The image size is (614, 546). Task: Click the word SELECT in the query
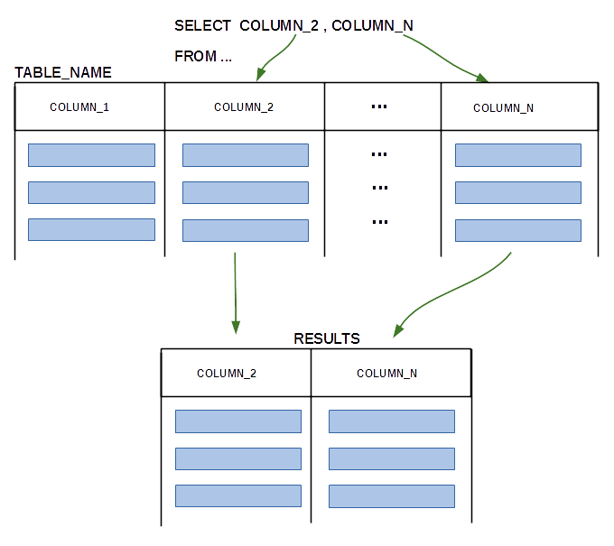pyautogui.click(x=202, y=26)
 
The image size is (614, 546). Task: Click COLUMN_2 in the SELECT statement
pyautogui.click(x=279, y=26)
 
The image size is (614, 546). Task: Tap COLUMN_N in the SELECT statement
pyautogui.click(x=372, y=26)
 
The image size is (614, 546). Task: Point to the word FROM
pyautogui.click(x=195, y=56)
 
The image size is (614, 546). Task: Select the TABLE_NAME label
pyautogui.click(x=63, y=73)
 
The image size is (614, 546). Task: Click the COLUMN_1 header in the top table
pyautogui.click(x=79, y=107)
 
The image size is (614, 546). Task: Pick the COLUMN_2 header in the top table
pyautogui.click(x=244, y=107)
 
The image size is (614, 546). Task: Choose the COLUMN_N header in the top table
pyautogui.click(x=503, y=108)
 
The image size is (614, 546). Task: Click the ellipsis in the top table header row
pyautogui.click(x=379, y=106)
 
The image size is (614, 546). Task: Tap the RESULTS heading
pyautogui.click(x=327, y=338)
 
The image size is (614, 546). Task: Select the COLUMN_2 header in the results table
pyautogui.click(x=227, y=374)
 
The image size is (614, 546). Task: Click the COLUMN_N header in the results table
pyautogui.click(x=386, y=374)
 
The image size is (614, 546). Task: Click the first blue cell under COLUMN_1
pyautogui.click(x=91, y=155)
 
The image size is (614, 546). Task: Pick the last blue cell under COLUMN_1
pyautogui.click(x=91, y=230)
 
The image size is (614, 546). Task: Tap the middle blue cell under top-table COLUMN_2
pyautogui.click(x=246, y=192)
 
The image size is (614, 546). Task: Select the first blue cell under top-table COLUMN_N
pyautogui.click(x=518, y=155)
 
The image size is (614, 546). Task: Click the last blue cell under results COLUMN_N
pyautogui.click(x=392, y=496)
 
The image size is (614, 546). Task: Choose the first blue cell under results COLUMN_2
pyautogui.click(x=238, y=421)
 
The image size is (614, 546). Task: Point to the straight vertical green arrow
pyautogui.click(x=236, y=293)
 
